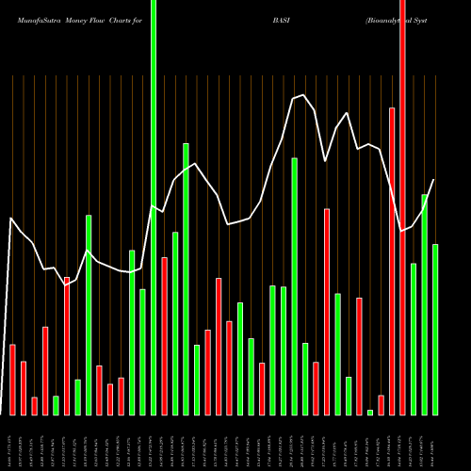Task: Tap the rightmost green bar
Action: [x=435, y=330]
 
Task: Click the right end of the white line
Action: [x=434, y=180]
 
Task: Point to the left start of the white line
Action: [x=11, y=219]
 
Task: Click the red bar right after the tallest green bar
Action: [x=164, y=335]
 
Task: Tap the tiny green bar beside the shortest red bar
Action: [x=370, y=412]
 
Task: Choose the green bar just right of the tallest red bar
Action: [x=414, y=339]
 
